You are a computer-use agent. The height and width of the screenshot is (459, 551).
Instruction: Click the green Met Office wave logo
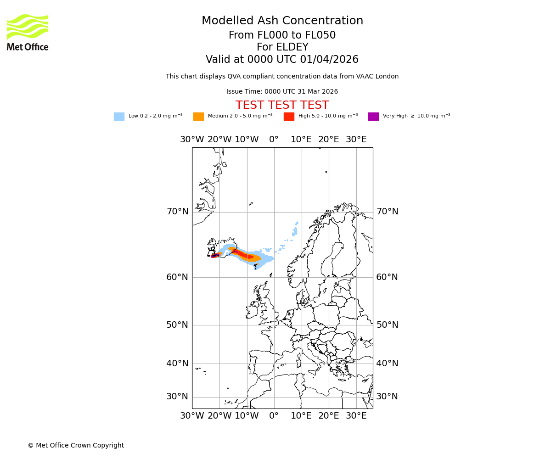[28, 27]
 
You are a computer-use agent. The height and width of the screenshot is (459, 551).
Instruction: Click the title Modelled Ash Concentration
[282, 21]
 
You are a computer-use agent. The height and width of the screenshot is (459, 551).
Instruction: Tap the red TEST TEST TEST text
[282, 106]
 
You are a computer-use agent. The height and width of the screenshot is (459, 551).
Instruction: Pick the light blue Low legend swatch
[119, 117]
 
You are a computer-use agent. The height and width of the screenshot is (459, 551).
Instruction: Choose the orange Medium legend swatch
[198, 117]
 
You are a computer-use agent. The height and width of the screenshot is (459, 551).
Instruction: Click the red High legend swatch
[289, 117]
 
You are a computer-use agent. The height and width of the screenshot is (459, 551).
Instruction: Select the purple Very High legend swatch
[373, 117]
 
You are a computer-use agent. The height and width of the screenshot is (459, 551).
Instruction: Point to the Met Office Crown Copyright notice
[76, 446]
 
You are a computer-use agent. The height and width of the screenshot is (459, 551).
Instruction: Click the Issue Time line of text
[282, 92]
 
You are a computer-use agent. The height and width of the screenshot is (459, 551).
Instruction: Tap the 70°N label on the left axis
[177, 212]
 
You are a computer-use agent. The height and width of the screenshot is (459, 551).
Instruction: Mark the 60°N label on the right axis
[387, 277]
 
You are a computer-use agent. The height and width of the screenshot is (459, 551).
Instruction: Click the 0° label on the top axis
[274, 140]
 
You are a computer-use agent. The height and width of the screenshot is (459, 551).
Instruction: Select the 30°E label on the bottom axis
[356, 416]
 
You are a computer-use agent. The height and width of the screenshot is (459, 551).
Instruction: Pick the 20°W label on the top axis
[219, 140]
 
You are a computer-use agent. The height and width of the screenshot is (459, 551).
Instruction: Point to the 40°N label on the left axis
[177, 364]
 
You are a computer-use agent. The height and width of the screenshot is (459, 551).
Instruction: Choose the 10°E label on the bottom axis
[301, 416]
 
